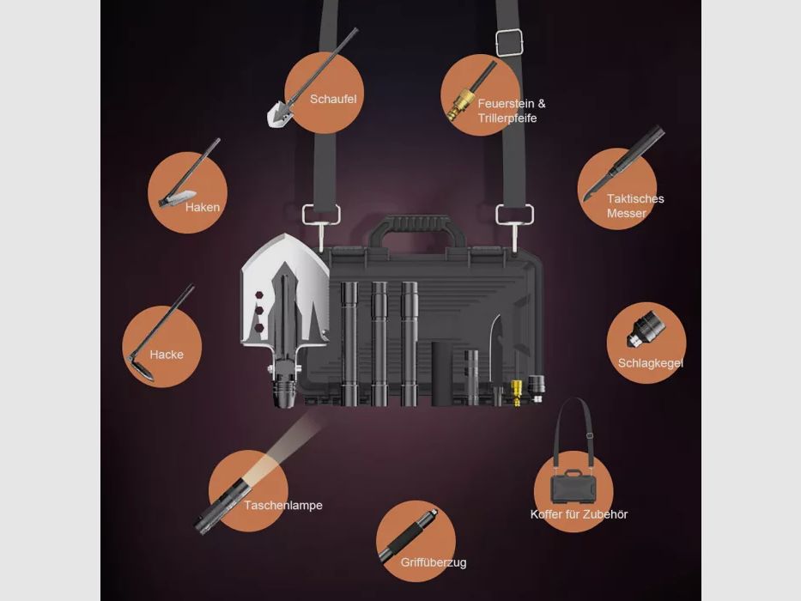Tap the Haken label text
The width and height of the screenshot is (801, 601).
[x=203, y=207]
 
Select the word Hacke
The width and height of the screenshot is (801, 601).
[x=167, y=354]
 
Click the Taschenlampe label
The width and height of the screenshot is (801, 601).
[x=282, y=505]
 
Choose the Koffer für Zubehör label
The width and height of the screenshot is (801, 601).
[x=579, y=514]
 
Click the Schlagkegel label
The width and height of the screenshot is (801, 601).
[x=650, y=363]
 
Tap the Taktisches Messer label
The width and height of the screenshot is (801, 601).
[x=634, y=205]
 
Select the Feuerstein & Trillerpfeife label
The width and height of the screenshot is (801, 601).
[x=511, y=111]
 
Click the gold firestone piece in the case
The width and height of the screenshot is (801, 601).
[x=517, y=391]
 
